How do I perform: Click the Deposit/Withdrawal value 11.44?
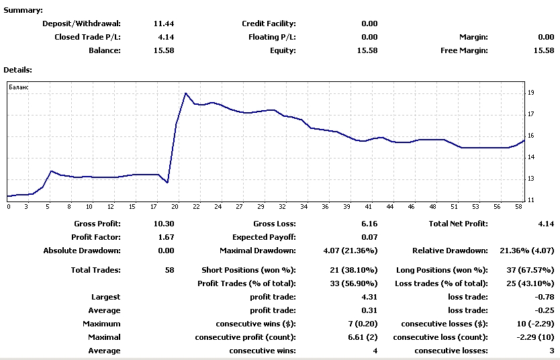(164, 24)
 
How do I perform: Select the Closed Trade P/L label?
(87, 37)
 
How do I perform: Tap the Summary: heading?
(23, 10)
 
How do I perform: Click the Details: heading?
(18, 69)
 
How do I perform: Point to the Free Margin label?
(464, 50)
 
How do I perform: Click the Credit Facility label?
(269, 24)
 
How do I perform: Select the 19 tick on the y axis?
(530, 93)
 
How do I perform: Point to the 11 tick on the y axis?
(530, 200)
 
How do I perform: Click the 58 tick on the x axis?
(518, 207)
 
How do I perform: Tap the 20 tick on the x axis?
(175, 207)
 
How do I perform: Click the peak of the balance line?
(185, 93)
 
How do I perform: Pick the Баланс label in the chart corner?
(19, 87)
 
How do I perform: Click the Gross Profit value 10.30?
(164, 224)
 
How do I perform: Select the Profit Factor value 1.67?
(165, 237)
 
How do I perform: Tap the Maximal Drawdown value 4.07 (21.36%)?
(351, 251)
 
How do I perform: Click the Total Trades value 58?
(169, 270)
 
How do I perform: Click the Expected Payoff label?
(264, 237)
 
